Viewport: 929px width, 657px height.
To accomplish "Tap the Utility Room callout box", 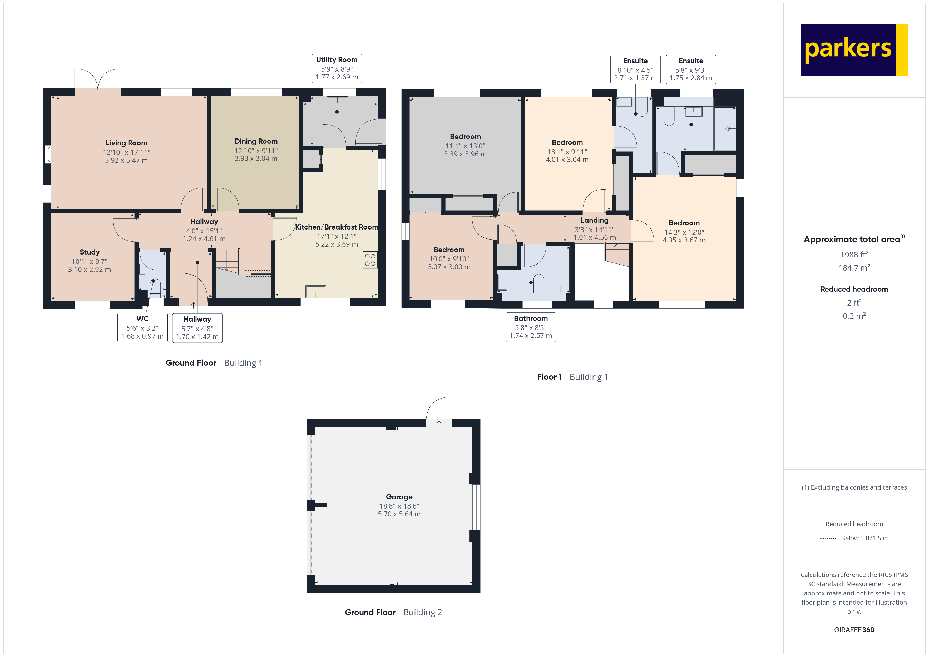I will pos(337,68).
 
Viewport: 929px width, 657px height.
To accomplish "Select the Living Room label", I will pos(126,143).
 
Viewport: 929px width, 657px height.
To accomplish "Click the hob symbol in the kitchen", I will pos(370,260).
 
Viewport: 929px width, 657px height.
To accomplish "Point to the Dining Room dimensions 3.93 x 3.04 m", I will pos(256,158).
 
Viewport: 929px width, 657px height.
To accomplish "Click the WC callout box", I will pos(142,327).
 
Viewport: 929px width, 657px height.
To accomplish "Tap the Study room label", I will pos(90,252).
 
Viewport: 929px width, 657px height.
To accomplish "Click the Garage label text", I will pos(399,497).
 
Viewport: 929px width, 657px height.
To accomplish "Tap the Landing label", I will pos(594,220).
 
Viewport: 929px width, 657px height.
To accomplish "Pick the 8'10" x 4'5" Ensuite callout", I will pos(635,69).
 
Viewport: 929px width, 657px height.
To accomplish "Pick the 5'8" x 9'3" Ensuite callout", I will pos(691,69).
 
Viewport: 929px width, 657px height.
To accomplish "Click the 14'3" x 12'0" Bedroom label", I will pos(684,223).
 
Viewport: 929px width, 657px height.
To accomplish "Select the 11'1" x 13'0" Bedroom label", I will pos(465,137).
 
